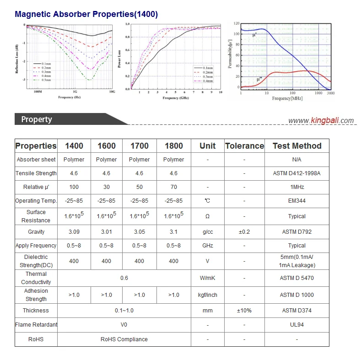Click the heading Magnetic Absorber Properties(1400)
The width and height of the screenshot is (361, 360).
pos(86,14)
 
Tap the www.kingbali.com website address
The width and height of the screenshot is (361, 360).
pos(321,121)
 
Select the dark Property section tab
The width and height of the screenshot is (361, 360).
pos(37,119)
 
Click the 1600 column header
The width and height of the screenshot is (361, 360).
pos(106,146)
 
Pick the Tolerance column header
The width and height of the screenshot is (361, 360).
pos(244,146)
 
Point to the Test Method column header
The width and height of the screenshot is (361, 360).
pos(297,146)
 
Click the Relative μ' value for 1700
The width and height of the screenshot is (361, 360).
pos(139,187)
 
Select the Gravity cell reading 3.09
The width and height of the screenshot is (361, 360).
pos(74,232)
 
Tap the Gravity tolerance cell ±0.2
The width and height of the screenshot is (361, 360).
pos(244,232)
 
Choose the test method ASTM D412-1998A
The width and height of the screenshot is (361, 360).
pos(297,173)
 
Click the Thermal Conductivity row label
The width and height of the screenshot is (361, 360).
pos(36,278)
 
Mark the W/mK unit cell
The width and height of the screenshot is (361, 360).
pos(208,278)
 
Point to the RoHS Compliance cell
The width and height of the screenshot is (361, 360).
pos(124,339)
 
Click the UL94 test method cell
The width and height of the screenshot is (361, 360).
pos(297,325)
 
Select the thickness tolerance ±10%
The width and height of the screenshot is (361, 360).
pos(244,311)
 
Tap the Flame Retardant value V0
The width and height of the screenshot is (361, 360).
pos(124,325)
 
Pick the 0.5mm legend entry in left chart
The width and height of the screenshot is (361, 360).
pos(43,80)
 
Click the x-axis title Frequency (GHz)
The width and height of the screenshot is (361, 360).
pos(176,98)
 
